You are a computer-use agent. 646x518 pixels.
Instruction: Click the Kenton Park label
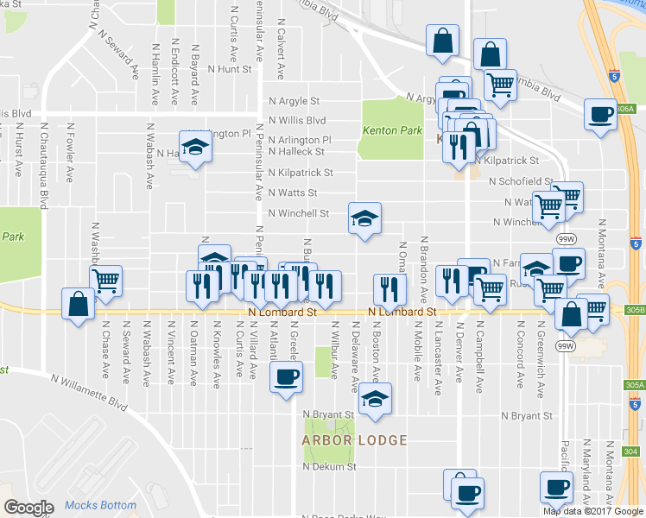pyautogui.click(x=391, y=131)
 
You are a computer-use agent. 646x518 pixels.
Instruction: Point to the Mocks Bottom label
pyautogui.click(x=99, y=506)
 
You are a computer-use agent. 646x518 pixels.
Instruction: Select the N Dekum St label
pyautogui.click(x=329, y=467)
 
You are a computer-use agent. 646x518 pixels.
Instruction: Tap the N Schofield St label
pyautogui.click(x=520, y=181)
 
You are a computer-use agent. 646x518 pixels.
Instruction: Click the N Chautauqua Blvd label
pyautogui.click(x=43, y=164)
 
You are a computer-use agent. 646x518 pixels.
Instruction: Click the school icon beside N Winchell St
pyautogui.click(x=364, y=218)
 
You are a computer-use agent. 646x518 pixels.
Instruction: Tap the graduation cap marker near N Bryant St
pyautogui.click(x=374, y=399)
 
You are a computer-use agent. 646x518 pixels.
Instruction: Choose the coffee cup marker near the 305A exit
pyautogui.click(x=600, y=114)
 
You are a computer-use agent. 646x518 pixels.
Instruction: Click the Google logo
pyautogui.click(x=29, y=508)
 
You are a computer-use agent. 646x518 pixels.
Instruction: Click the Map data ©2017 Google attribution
pyautogui.click(x=593, y=511)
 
